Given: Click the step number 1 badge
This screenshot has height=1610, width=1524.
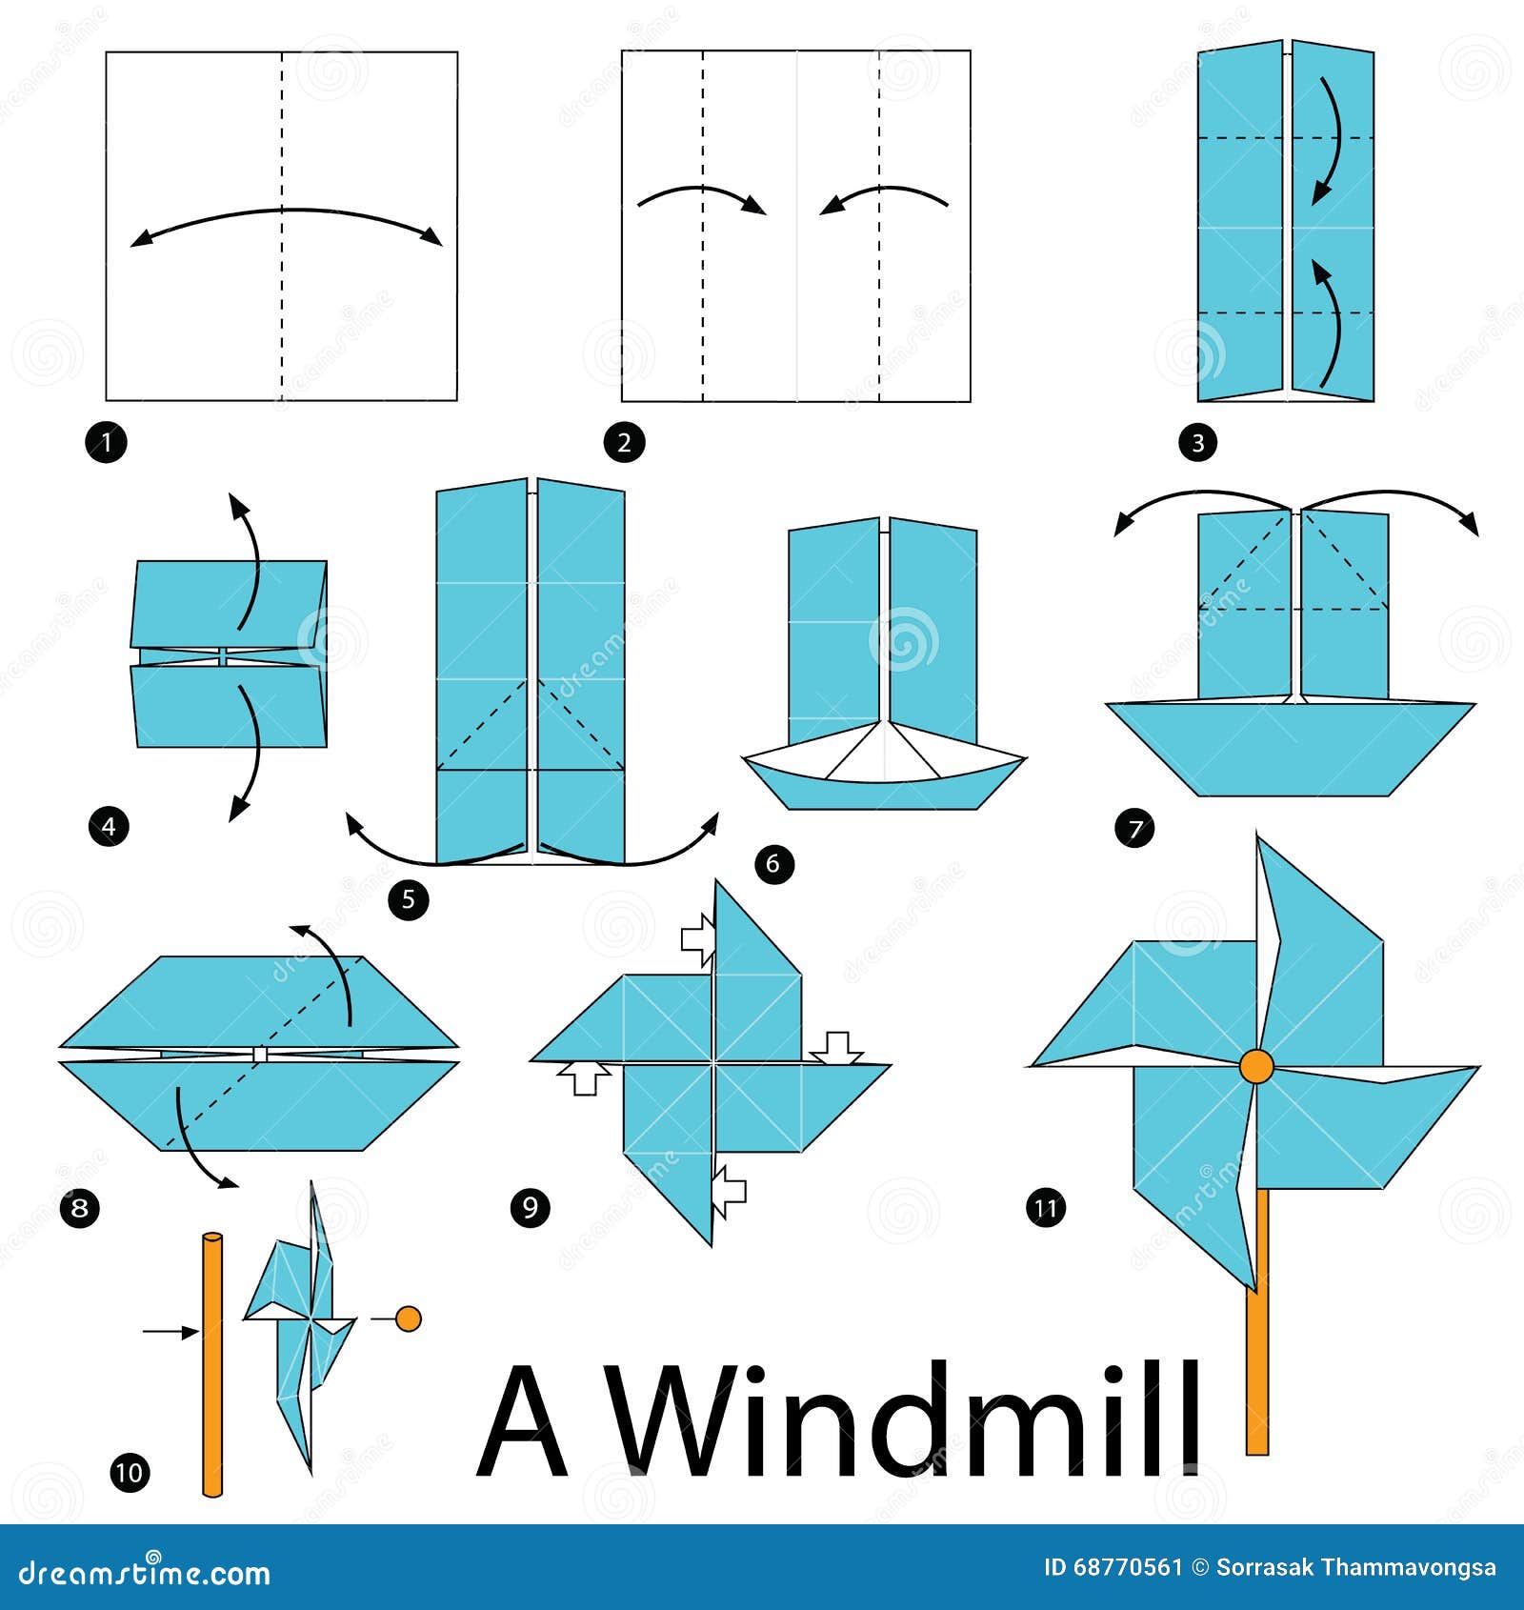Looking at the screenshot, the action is (106, 442).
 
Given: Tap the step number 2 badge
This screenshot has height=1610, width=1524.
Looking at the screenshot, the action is (624, 442).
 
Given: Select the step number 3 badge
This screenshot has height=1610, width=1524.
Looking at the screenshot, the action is (1197, 442).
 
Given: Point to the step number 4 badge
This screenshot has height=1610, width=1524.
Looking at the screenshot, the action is (108, 826).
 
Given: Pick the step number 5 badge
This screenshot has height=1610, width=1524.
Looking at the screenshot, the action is (409, 899).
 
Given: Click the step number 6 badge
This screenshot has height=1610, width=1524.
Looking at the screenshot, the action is (773, 864).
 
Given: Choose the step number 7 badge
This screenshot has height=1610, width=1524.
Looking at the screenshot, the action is (1133, 828).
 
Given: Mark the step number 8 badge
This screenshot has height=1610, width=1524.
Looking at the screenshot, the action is (79, 1208).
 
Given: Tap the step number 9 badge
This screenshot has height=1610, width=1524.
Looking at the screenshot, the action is (531, 1208).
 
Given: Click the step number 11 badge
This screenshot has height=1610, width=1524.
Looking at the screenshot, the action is (1046, 1208).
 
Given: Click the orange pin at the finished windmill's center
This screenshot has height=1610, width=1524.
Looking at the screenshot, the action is (1256, 1066).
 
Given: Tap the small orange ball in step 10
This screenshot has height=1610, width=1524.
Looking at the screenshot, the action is (408, 1318).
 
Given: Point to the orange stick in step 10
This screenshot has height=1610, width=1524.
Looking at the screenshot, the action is (212, 1364).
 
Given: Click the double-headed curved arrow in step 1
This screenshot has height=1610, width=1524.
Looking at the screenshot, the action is (286, 211).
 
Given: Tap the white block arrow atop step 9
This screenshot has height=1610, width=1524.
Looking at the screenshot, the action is (699, 938).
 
